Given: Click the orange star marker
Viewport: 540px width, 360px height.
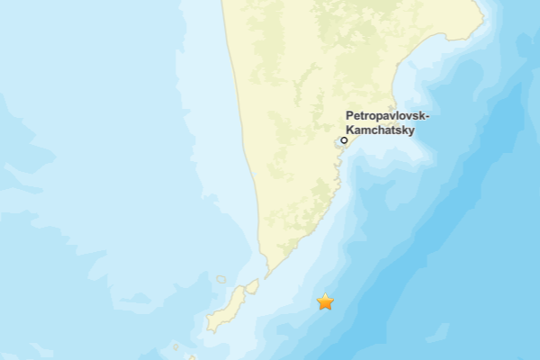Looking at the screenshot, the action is pos(325,302).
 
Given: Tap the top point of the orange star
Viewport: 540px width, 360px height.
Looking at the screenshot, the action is pos(325,293).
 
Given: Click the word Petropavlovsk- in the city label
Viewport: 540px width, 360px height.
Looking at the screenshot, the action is pos(388,116).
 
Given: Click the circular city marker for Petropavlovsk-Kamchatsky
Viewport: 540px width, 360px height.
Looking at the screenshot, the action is pos(344,140).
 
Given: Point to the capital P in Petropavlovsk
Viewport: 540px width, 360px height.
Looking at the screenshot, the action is pos(350,116).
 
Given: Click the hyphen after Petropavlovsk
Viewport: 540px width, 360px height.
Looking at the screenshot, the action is pos(427,117).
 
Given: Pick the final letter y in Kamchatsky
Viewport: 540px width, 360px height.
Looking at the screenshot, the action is pos(409,130).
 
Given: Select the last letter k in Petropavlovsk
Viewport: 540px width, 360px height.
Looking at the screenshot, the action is pos(421,116).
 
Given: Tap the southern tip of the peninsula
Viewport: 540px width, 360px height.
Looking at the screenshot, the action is pos(267,274).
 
